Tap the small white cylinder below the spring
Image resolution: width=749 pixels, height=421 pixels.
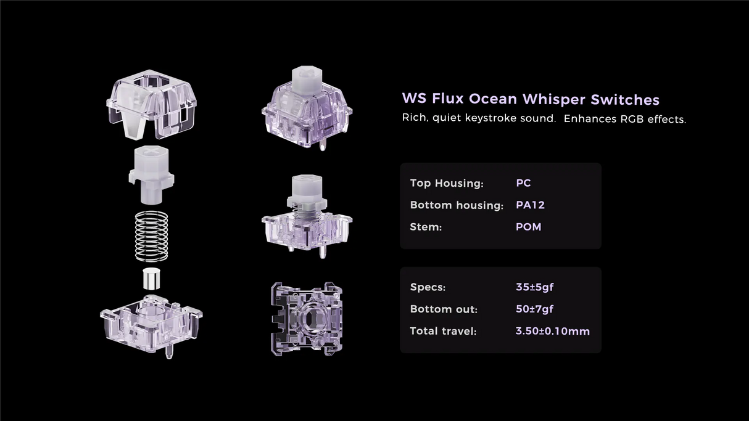151,279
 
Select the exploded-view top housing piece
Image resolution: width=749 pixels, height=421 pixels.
151,105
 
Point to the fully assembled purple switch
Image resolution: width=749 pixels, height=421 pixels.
307,105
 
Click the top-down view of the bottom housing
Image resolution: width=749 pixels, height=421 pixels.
307,318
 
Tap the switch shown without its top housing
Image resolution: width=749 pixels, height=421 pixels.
307,213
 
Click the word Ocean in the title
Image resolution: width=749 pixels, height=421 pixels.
494,99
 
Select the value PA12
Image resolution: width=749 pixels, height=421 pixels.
530,205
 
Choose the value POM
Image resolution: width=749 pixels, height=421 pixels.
528,227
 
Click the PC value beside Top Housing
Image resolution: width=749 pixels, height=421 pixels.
523,183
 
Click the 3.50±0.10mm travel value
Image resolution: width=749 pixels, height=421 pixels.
552,331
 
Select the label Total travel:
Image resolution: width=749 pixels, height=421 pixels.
443,331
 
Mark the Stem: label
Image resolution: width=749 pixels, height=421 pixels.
426,227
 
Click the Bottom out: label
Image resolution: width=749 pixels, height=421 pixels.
444,309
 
